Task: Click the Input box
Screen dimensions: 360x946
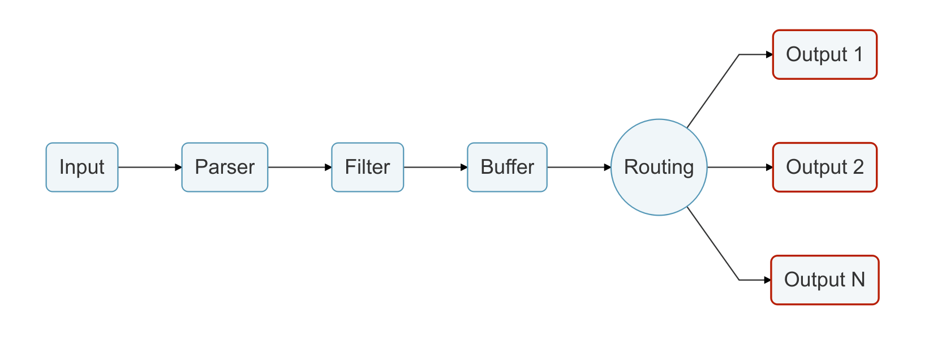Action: [x=82, y=167]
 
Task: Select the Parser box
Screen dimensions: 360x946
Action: [x=225, y=167]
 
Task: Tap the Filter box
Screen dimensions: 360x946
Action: [x=367, y=167]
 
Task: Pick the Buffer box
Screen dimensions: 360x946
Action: [x=507, y=167]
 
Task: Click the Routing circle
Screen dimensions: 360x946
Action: [x=659, y=167]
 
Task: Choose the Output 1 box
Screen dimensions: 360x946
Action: [x=824, y=54]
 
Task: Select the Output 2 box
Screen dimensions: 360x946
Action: [x=824, y=167]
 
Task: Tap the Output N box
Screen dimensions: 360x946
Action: [x=824, y=280]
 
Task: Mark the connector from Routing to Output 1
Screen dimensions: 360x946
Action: [x=713, y=91]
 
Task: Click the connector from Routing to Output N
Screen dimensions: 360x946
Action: [x=713, y=243]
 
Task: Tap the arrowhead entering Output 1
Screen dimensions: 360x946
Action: [x=769, y=54]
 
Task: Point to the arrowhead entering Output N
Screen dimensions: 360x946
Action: [x=767, y=280]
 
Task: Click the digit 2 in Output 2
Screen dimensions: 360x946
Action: [x=858, y=167]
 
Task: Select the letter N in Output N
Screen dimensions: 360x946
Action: [x=858, y=280]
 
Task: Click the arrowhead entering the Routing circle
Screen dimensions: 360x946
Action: [x=608, y=168]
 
